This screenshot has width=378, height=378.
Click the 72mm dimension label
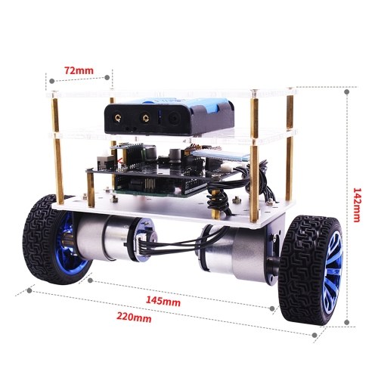click(79, 70)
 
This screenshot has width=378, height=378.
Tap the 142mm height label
click(357, 205)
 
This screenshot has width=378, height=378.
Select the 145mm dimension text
click(163, 301)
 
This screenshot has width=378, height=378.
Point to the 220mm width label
click(134, 318)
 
